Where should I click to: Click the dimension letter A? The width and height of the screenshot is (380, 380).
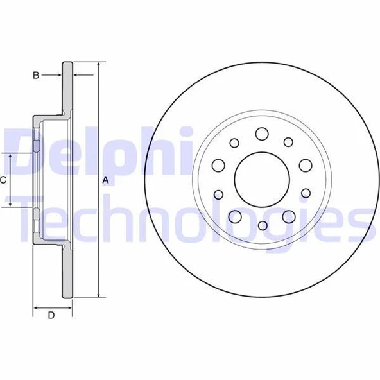106,180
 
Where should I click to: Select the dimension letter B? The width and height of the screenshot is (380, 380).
36,75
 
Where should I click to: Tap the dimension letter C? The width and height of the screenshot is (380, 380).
4,180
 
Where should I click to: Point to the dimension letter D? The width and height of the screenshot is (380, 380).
51,315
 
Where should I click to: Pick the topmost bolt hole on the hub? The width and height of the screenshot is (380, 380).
261,134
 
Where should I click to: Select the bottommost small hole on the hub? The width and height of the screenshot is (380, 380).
263,225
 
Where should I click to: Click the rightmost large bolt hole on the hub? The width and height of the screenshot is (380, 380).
305,165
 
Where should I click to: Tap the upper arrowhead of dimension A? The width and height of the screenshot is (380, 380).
98,65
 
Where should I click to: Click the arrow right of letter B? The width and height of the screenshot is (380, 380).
58,75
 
